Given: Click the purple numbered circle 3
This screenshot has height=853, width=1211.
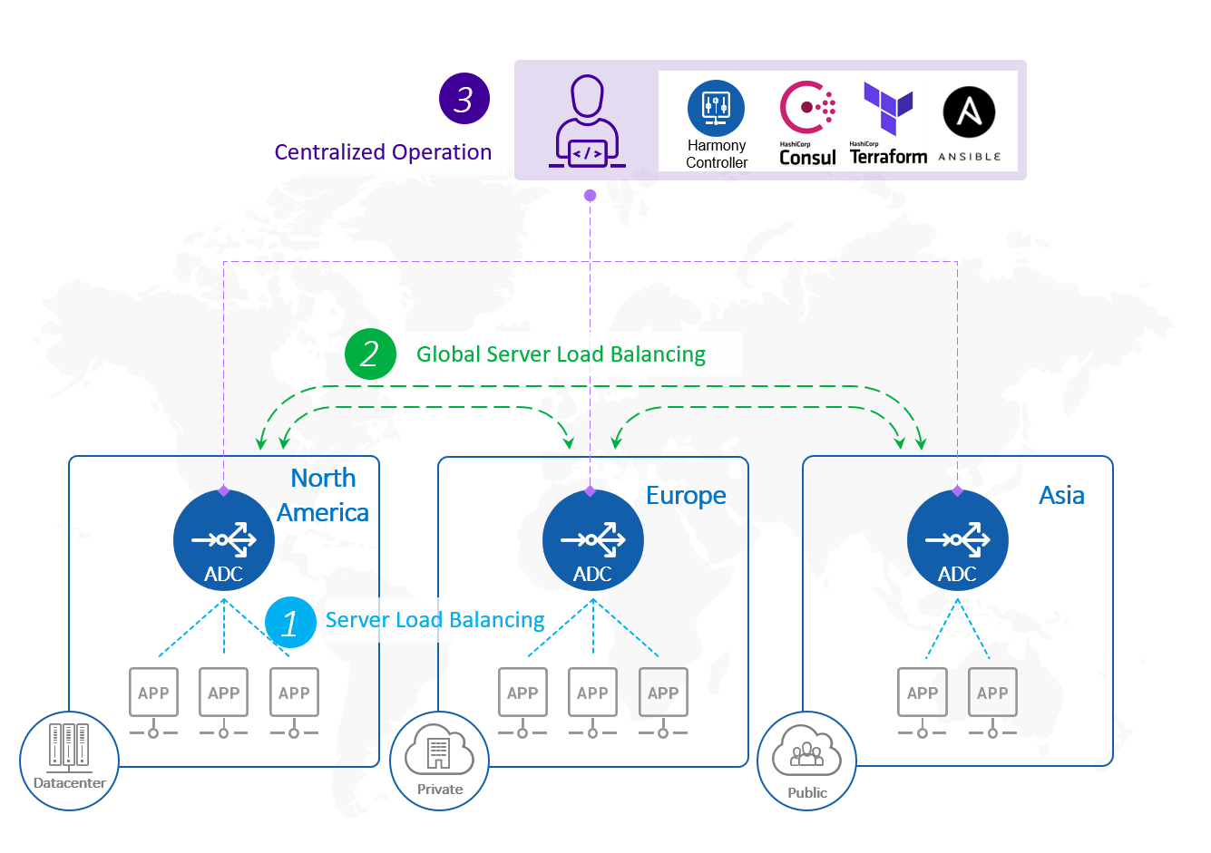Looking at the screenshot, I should (x=464, y=99).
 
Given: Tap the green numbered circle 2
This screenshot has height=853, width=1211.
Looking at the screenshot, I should (x=370, y=354).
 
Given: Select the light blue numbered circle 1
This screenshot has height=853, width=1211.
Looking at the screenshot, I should (x=290, y=622).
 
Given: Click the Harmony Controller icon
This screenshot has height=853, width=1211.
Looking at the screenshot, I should (x=716, y=108).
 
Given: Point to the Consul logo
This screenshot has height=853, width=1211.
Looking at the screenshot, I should (x=807, y=123).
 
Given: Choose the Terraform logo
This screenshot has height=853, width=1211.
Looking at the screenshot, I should (x=888, y=123).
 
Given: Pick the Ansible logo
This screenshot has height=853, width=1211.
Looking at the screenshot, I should (x=969, y=112).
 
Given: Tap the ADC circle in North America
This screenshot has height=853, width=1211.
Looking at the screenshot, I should (x=223, y=540).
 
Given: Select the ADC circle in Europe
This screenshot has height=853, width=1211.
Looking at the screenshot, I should (x=592, y=540).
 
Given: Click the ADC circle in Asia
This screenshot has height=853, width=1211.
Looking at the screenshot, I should (x=957, y=540).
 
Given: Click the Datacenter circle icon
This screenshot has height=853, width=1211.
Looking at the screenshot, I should (x=70, y=761).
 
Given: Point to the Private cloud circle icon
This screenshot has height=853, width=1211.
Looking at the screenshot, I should (x=439, y=761).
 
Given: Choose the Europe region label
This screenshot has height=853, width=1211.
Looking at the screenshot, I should (x=686, y=496).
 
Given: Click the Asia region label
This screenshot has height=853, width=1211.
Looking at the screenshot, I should (x=1061, y=496).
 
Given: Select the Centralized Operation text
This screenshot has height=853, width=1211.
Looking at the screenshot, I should (x=383, y=152).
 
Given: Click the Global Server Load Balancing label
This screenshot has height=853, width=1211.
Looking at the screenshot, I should (x=561, y=354).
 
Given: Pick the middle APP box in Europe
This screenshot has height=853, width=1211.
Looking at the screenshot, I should (x=592, y=693).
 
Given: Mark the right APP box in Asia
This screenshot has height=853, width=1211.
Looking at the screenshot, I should (x=992, y=693).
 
